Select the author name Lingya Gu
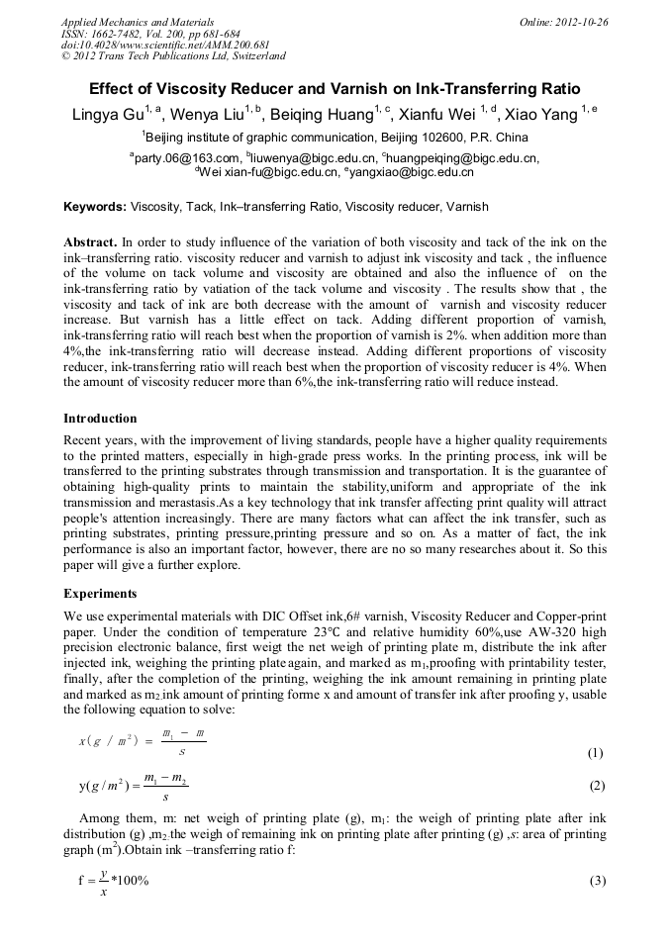[x=108, y=115]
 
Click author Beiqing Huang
[x=328, y=115]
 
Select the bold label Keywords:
[x=95, y=208]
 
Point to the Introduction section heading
[x=100, y=419]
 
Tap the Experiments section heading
[x=100, y=595]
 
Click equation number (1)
[x=595, y=753]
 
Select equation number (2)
[x=595, y=787]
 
